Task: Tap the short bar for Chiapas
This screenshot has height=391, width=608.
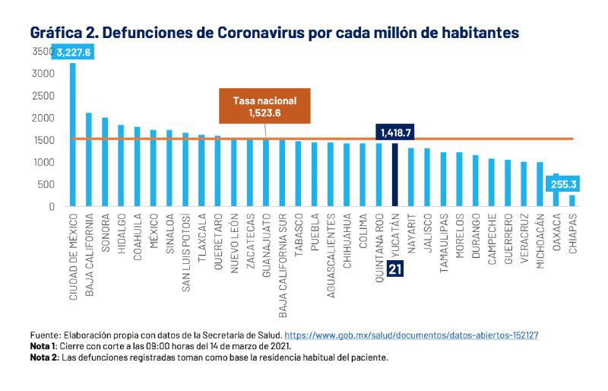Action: coord(572,201)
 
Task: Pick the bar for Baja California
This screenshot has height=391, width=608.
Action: coord(89,160)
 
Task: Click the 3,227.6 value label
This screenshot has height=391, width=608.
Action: coord(74,52)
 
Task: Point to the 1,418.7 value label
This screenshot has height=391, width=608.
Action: coord(395,132)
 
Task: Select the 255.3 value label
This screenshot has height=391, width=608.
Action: coord(563,184)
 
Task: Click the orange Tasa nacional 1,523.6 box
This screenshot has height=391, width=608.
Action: coord(265,106)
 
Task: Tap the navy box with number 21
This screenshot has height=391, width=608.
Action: coord(395,269)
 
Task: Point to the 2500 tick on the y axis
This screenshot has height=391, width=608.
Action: coord(43,96)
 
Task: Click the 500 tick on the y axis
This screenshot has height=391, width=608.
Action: coord(45,184)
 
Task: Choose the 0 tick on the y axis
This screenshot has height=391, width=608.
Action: coord(51,206)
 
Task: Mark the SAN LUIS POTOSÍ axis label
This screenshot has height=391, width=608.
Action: coord(185,247)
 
